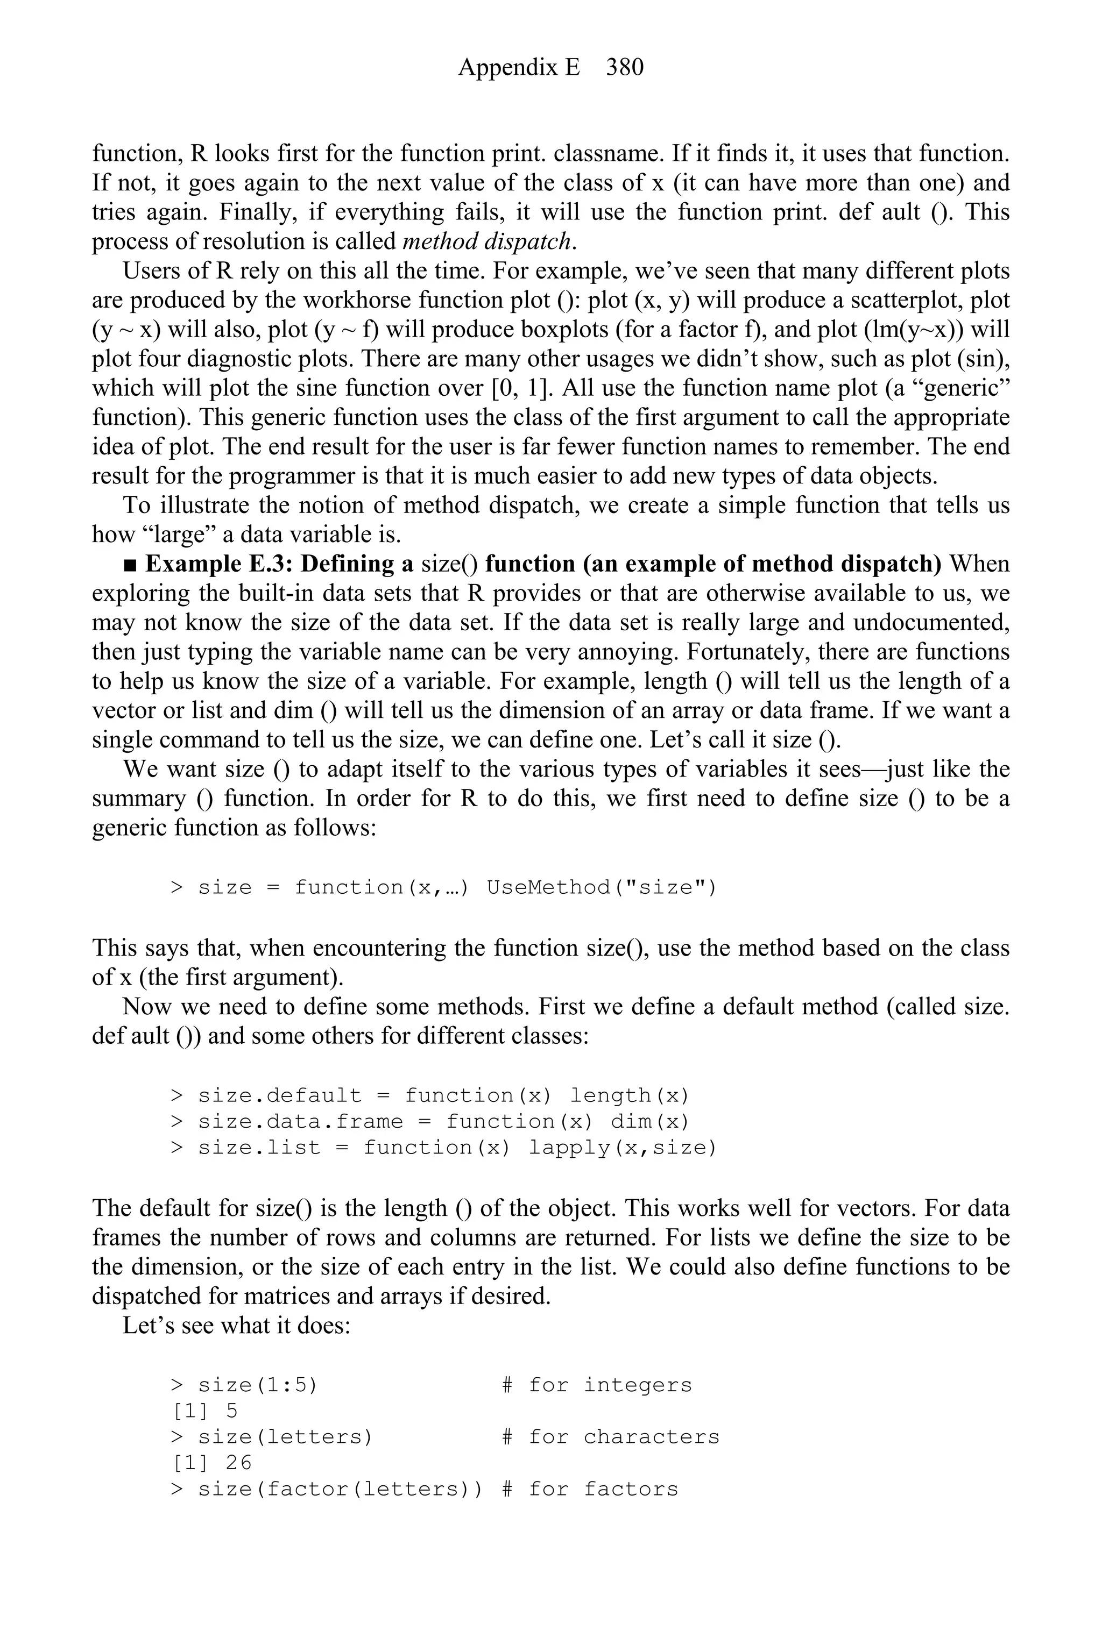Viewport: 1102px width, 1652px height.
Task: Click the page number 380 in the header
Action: tap(624, 67)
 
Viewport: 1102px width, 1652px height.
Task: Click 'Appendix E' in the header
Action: tap(519, 67)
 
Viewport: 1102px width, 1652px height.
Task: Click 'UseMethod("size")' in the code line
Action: tap(601, 888)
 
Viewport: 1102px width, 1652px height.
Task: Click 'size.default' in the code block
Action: tap(280, 1096)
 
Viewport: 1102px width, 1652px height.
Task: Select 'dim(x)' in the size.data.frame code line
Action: tap(649, 1122)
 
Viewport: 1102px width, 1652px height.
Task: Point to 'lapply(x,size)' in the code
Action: tap(621, 1148)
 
